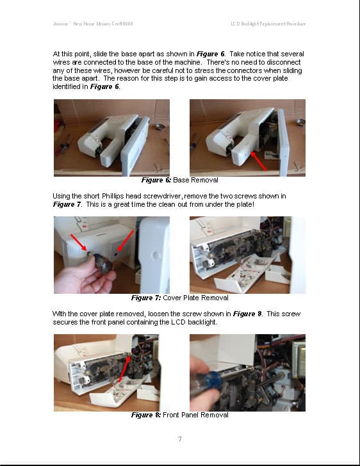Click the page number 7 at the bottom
pos(180,439)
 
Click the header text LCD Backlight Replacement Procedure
pos(268,24)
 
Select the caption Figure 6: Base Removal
pos(179,180)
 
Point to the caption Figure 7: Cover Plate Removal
pos(179,298)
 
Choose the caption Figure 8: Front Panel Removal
pos(179,415)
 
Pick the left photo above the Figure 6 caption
pos(111,138)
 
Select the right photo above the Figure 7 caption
pos(247,255)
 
